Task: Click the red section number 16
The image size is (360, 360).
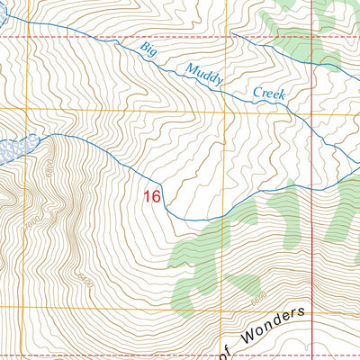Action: coord(152,194)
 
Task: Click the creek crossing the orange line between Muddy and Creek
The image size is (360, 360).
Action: coord(219,82)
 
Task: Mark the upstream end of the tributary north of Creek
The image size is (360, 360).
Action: coord(231,34)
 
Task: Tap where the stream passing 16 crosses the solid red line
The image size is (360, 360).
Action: coord(311,188)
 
